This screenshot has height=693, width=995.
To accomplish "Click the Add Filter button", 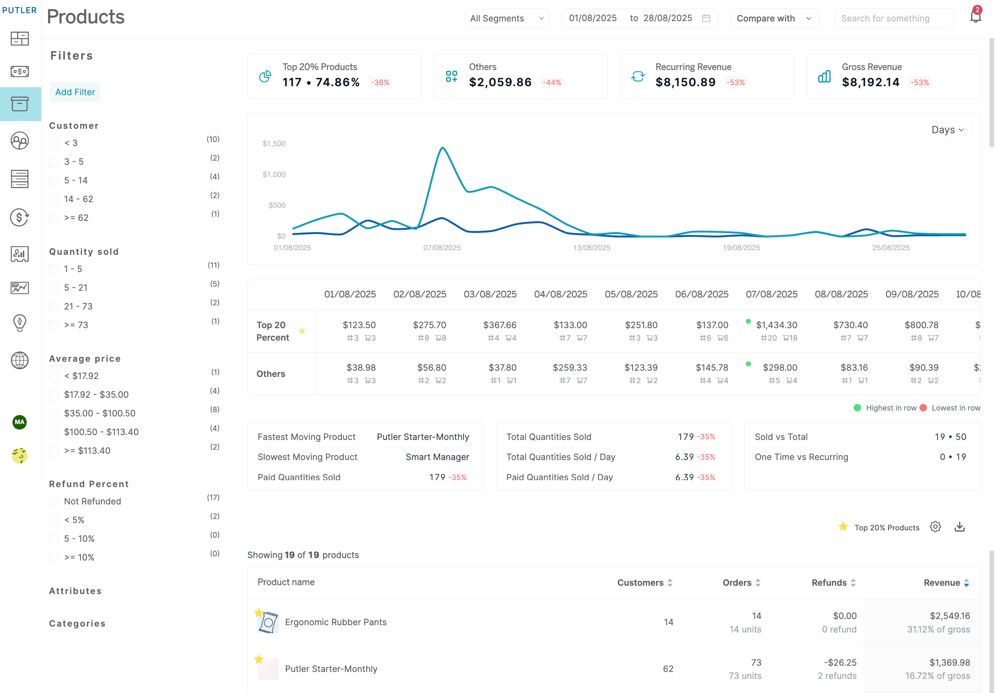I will pyautogui.click(x=75, y=92).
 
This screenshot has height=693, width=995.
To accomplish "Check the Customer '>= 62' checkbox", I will pyautogui.click(x=54, y=218).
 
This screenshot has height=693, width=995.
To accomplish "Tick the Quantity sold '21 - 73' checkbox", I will pyautogui.click(x=54, y=307).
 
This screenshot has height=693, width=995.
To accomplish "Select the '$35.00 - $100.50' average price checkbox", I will pyautogui.click(x=54, y=414).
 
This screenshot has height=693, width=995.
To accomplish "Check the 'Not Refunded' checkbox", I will pyautogui.click(x=54, y=502).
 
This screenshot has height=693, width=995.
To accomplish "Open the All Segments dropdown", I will pyautogui.click(x=507, y=18).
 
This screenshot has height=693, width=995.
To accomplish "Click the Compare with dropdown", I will pyautogui.click(x=774, y=18).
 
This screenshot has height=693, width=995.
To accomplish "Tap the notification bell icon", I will pyautogui.click(x=975, y=17).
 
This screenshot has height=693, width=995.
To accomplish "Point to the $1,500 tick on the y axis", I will pyautogui.click(x=274, y=143).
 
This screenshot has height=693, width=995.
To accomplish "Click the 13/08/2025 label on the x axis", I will pyautogui.click(x=591, y=248).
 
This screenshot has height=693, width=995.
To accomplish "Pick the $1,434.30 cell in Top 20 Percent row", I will pyautogui.click(x=776, y=325).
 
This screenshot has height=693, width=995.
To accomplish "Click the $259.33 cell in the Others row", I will pyautogui.click(x=570, y=367).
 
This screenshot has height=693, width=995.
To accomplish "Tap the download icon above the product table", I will pyautogui.click(x=959, y=527).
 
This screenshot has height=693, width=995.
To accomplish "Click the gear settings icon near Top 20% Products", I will pyautogui.click(x=935, y=527).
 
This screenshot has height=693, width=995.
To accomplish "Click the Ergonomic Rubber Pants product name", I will pyautogui.click(x=335, y=622).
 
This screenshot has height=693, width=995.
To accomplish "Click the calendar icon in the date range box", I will pyautogui.click(x=706, y=18).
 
